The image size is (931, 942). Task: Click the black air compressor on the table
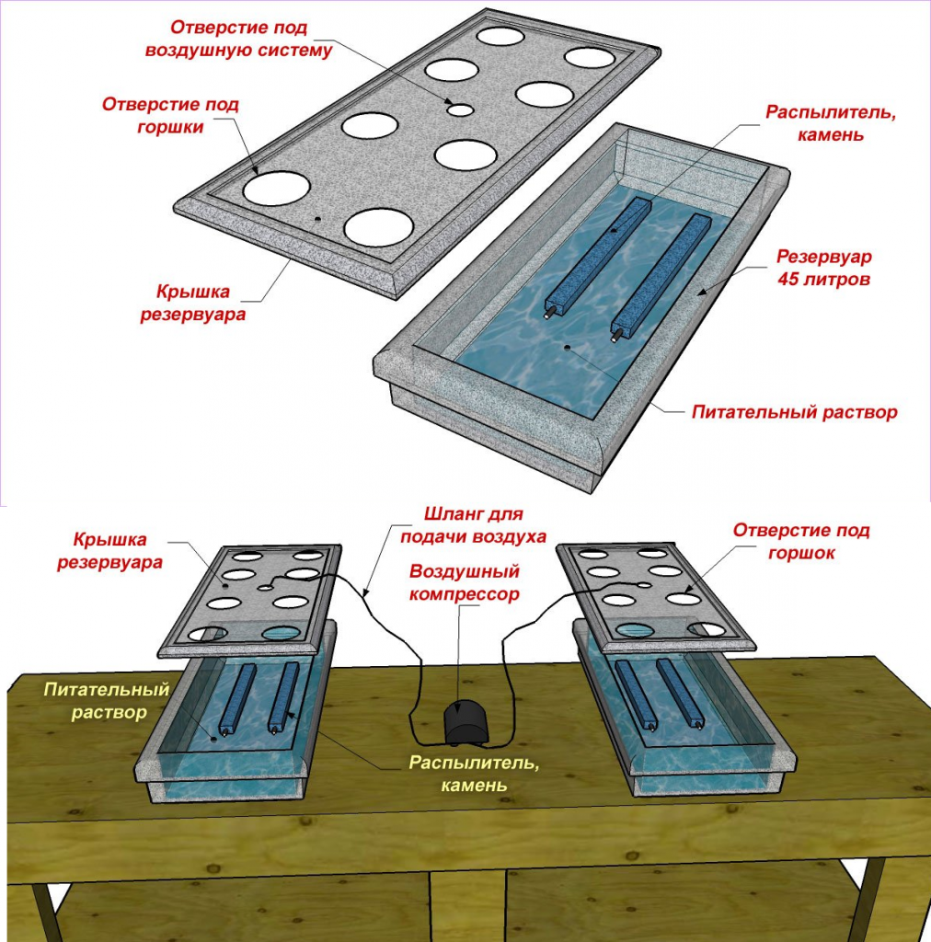pyautogui.click(x=466, y=723)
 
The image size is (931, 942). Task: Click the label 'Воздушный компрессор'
pyautogui.click(x=465, y=582)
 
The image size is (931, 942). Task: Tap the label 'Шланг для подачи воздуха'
pyautogui.click(x=473, y=525)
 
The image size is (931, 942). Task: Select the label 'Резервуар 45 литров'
pyautogui.click(x=823, y=268)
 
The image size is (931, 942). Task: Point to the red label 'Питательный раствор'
pyautogui.click(x=795, y=412)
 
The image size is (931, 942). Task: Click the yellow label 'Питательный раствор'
pyautogui.click(x=107, y=700)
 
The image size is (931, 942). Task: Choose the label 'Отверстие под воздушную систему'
pyautogui.click(x=238, y=39)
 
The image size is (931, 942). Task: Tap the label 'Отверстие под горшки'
pyautogui.click(x=170, y=115)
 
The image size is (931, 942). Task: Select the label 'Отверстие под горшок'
pyautogui.click(x=801, y=541)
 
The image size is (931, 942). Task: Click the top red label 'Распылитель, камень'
pyautogui.click(x=831, y=123)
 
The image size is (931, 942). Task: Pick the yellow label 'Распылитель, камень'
pyautogui.click(x=474, y=773)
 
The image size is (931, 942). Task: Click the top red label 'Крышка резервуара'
pyautogui.click(x=193, y=303)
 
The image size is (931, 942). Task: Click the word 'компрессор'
pyautogui.click(x=465, y=594)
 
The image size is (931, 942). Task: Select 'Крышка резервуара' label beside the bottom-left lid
pyautogui.click(x=109, y=551)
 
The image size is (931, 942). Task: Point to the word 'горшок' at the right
pyautogui.click(x=801, y=553)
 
